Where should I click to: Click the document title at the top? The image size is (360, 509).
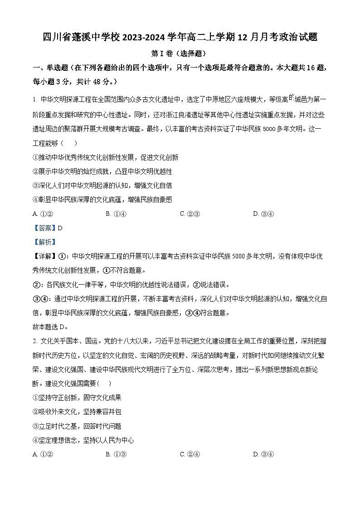(180, 37)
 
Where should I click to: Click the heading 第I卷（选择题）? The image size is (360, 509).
(180, 53)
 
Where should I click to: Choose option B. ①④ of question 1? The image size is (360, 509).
(116, 214)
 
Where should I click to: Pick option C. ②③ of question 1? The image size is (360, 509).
(190, 214)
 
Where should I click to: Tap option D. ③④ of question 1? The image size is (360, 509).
(263, 214)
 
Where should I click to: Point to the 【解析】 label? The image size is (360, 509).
(44, 242)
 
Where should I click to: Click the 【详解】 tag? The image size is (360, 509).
(44, 257)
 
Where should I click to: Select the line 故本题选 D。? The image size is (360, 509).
(50, 327)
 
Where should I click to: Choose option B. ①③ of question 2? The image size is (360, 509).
(116, 454)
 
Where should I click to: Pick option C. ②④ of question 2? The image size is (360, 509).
(190, 454)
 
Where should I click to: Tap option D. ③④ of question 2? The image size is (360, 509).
(263, 454)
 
